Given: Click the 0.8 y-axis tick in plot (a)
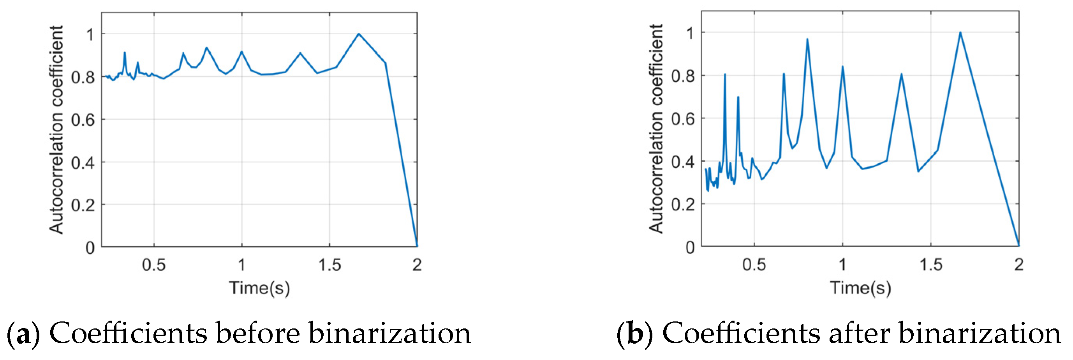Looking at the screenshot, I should tap(83, 78).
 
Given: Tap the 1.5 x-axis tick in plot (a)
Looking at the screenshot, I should tap(329, 265).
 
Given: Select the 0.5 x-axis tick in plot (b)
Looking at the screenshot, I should tap(754, 265).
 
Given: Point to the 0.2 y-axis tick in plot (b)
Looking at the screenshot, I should tap(683, 205).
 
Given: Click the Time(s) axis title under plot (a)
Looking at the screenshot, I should tap(259, 288).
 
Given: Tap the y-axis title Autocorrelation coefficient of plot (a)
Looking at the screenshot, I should tap(56, 129).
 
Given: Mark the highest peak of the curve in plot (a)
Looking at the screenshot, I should tap(359, 34).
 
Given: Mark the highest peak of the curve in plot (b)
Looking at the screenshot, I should tap(960, 32).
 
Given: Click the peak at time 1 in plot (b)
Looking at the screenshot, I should tap(842, 67).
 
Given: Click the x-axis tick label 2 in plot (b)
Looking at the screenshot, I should tap(1018, 265).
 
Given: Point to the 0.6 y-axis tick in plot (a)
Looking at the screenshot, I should tap(83, 120).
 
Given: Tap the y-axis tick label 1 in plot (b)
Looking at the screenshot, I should tap(690, 34).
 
